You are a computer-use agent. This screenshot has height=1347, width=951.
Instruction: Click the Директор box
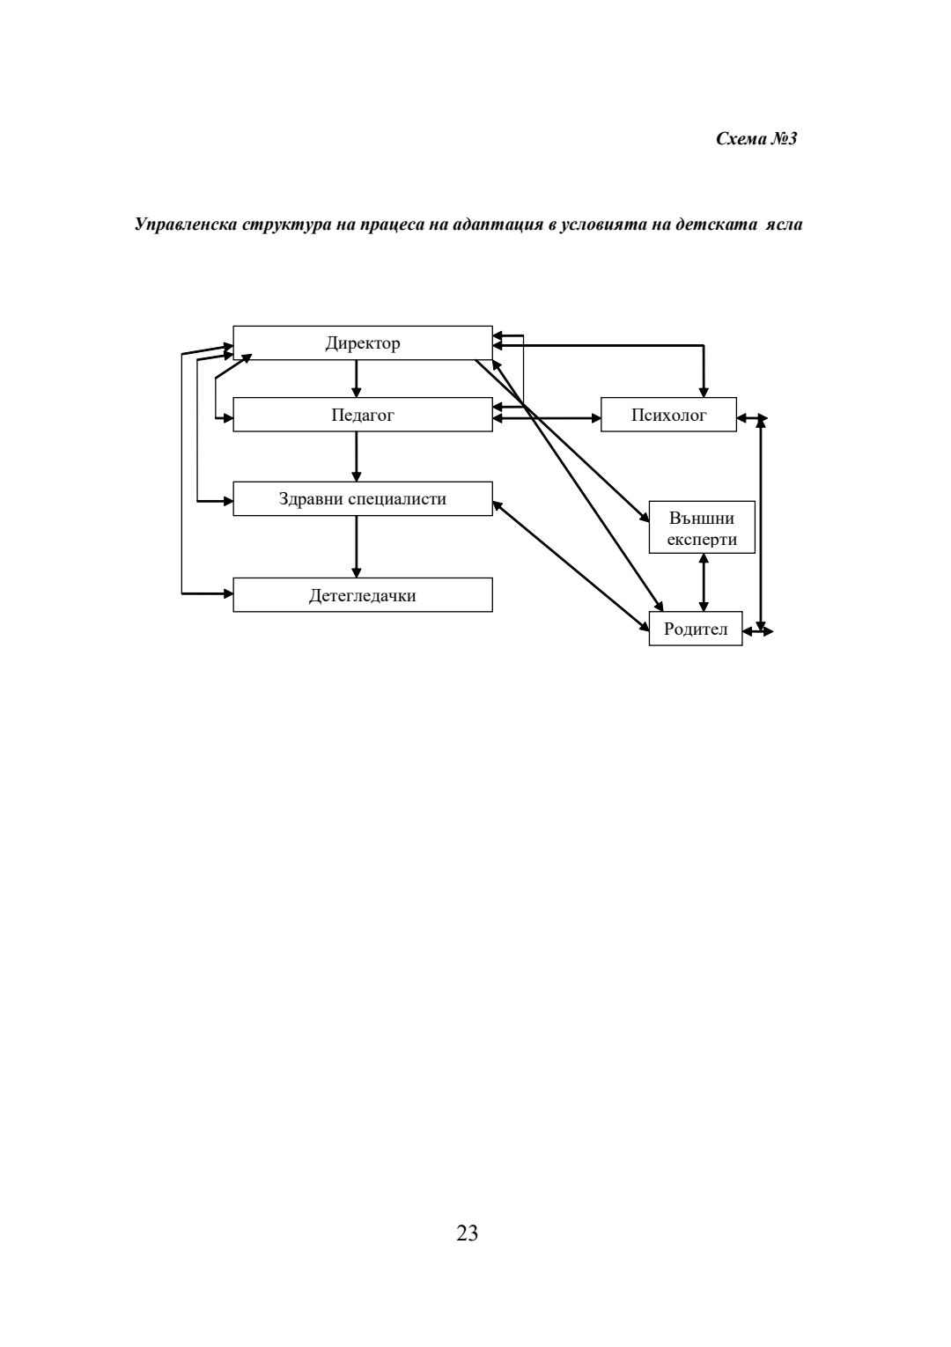(x=362, y=343)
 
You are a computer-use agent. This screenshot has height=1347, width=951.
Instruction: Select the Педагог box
(x=362, y=415)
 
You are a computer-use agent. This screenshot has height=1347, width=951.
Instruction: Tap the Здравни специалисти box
(x=362, y=499)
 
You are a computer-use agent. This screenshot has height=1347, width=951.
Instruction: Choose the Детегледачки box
(x=362, y=595)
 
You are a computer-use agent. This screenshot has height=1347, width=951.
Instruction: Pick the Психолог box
(x=668, y=415)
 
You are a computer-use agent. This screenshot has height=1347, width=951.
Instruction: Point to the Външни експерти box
(x=702, y=527)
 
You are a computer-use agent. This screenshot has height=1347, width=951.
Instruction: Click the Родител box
(x=695, y=629)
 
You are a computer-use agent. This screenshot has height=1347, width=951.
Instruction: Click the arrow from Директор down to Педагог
(x=356, y=379)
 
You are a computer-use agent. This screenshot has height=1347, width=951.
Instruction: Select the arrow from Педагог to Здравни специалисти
(x=356, y=456)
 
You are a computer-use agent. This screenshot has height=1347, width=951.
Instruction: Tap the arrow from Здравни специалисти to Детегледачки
(x=356, y=546)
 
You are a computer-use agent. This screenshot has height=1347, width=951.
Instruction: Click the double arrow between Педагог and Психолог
(x=547, y=418)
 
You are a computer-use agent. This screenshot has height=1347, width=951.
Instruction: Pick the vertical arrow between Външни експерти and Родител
(x=703, y=582)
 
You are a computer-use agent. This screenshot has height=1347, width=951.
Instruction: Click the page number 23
(x=468, y=1233)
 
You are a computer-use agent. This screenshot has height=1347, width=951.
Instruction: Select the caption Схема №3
(x=756, y=139)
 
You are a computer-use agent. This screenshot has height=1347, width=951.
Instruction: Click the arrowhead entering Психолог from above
(x=703, y=390)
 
